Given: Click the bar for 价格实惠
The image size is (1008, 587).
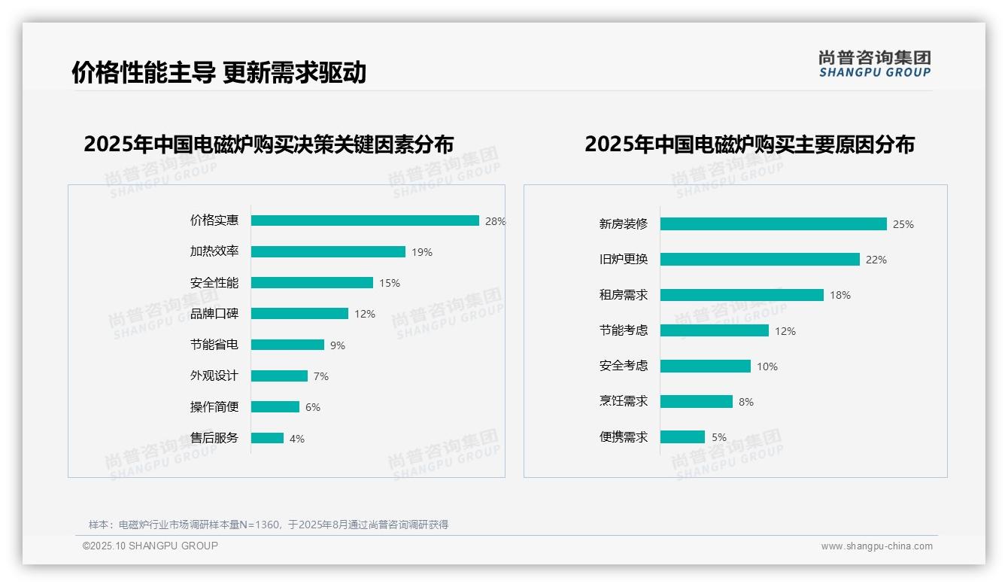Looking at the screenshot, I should (365, 221).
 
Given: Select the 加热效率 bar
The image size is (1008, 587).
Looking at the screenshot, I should (328, 252).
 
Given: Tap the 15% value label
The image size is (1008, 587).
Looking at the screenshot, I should (390, 284).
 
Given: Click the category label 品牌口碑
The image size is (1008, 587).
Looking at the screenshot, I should (214, 314).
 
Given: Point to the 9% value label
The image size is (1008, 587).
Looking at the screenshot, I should (338, 345).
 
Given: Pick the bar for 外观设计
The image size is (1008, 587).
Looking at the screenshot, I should (279, 376).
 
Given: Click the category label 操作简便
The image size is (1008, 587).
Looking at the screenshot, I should (214, 407).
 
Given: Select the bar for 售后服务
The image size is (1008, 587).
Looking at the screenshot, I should (267, 438).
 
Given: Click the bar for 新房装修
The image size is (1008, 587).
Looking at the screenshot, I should (773, 224).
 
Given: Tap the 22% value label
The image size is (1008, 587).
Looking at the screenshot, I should (876, 260).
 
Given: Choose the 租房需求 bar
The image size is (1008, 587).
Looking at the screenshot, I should (742, 295).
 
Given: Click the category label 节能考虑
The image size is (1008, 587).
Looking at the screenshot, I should (624, 330).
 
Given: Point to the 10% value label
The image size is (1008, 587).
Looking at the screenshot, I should (767, 366).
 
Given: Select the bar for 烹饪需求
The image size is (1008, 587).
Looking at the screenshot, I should (696, 402).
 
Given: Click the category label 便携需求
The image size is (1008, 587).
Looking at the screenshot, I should (624, 437).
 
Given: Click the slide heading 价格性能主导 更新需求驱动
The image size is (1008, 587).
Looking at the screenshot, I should (219, 72).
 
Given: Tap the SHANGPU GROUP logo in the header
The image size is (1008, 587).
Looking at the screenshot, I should (875, 64).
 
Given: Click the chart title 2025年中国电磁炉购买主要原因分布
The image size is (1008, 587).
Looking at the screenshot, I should (749, 144).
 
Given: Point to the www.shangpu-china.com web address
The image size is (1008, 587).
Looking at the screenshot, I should (876, 546).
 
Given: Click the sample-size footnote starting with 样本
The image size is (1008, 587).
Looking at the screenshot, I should (269, 525).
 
